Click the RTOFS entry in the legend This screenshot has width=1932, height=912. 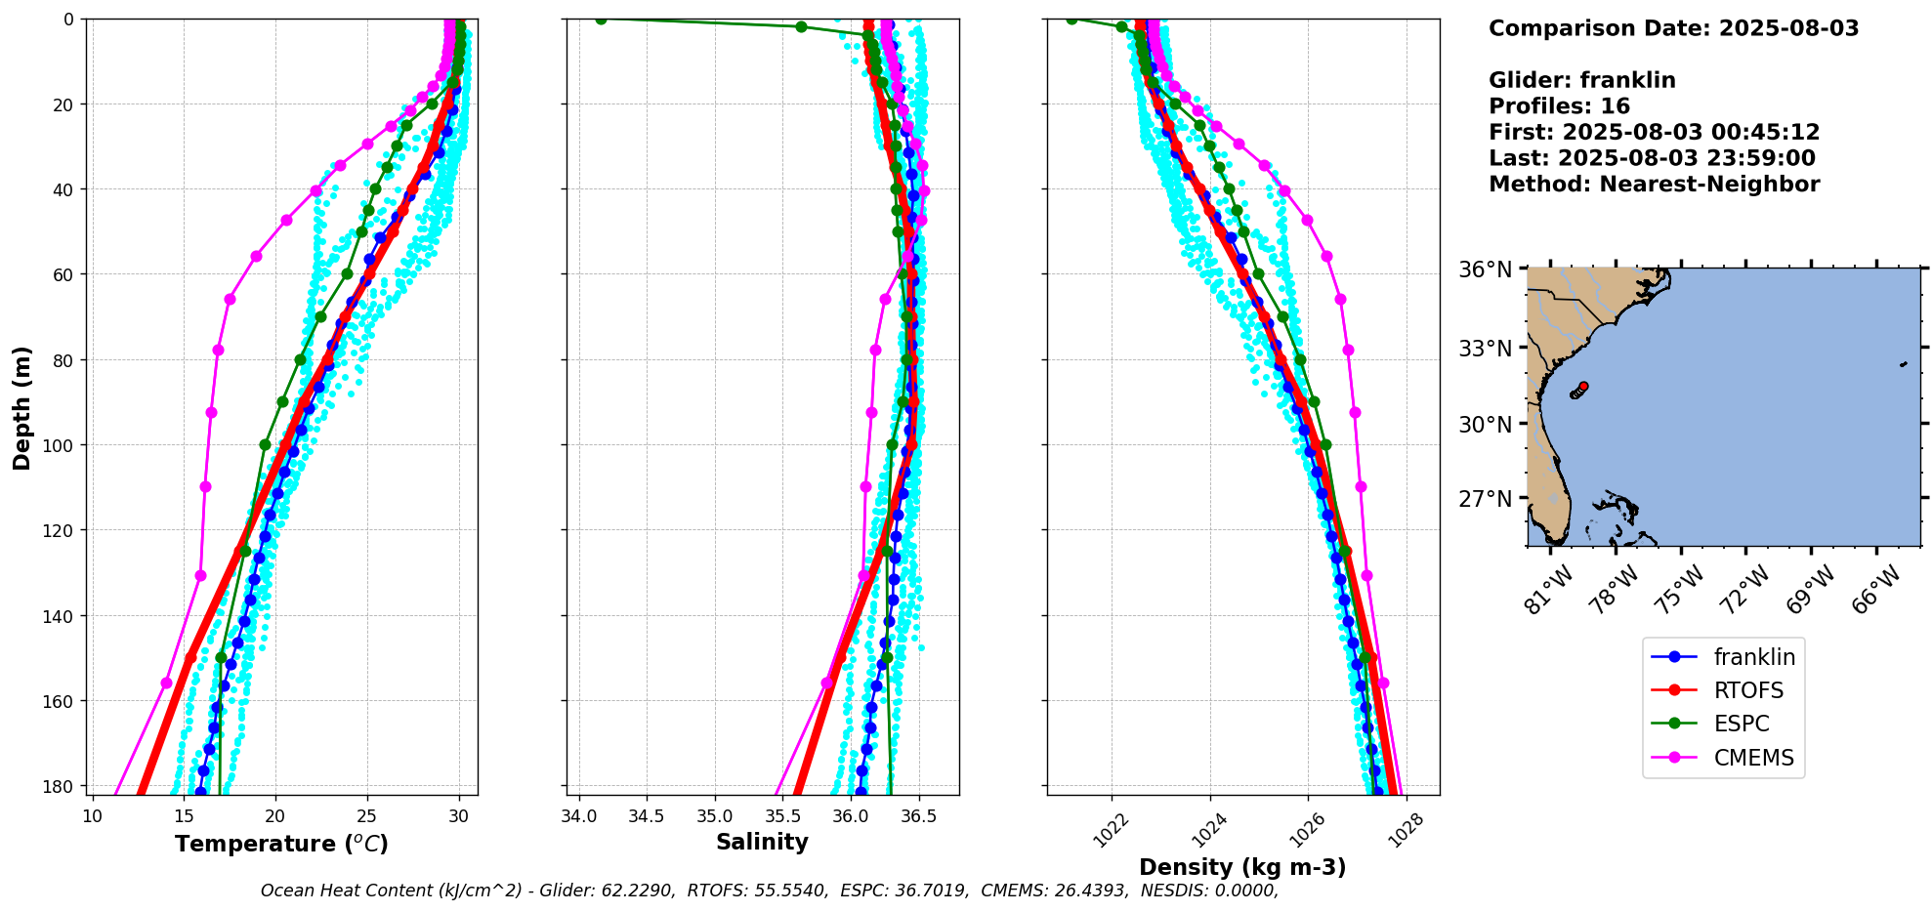[x=1747, y=691]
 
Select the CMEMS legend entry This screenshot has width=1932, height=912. [x=1753, y=758]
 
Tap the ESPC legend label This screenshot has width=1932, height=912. [x=1742, y=725]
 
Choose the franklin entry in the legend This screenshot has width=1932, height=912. [x=1754, y=658]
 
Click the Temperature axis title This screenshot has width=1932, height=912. [x=281, y=844]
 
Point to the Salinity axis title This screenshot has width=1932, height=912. [x=762, y=843]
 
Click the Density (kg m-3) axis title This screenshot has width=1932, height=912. [x=1242, y=867]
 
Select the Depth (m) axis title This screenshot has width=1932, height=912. [x=21, y=407]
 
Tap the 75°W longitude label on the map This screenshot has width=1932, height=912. [x=1680, y=588]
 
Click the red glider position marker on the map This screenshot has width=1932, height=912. [x=1583, y=387]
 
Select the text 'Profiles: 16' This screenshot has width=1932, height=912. [x=1559, y=106]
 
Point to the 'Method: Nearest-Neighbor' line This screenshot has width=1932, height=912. [x=1654, y=185]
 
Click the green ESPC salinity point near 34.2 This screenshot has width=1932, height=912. [x=601, y=20]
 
